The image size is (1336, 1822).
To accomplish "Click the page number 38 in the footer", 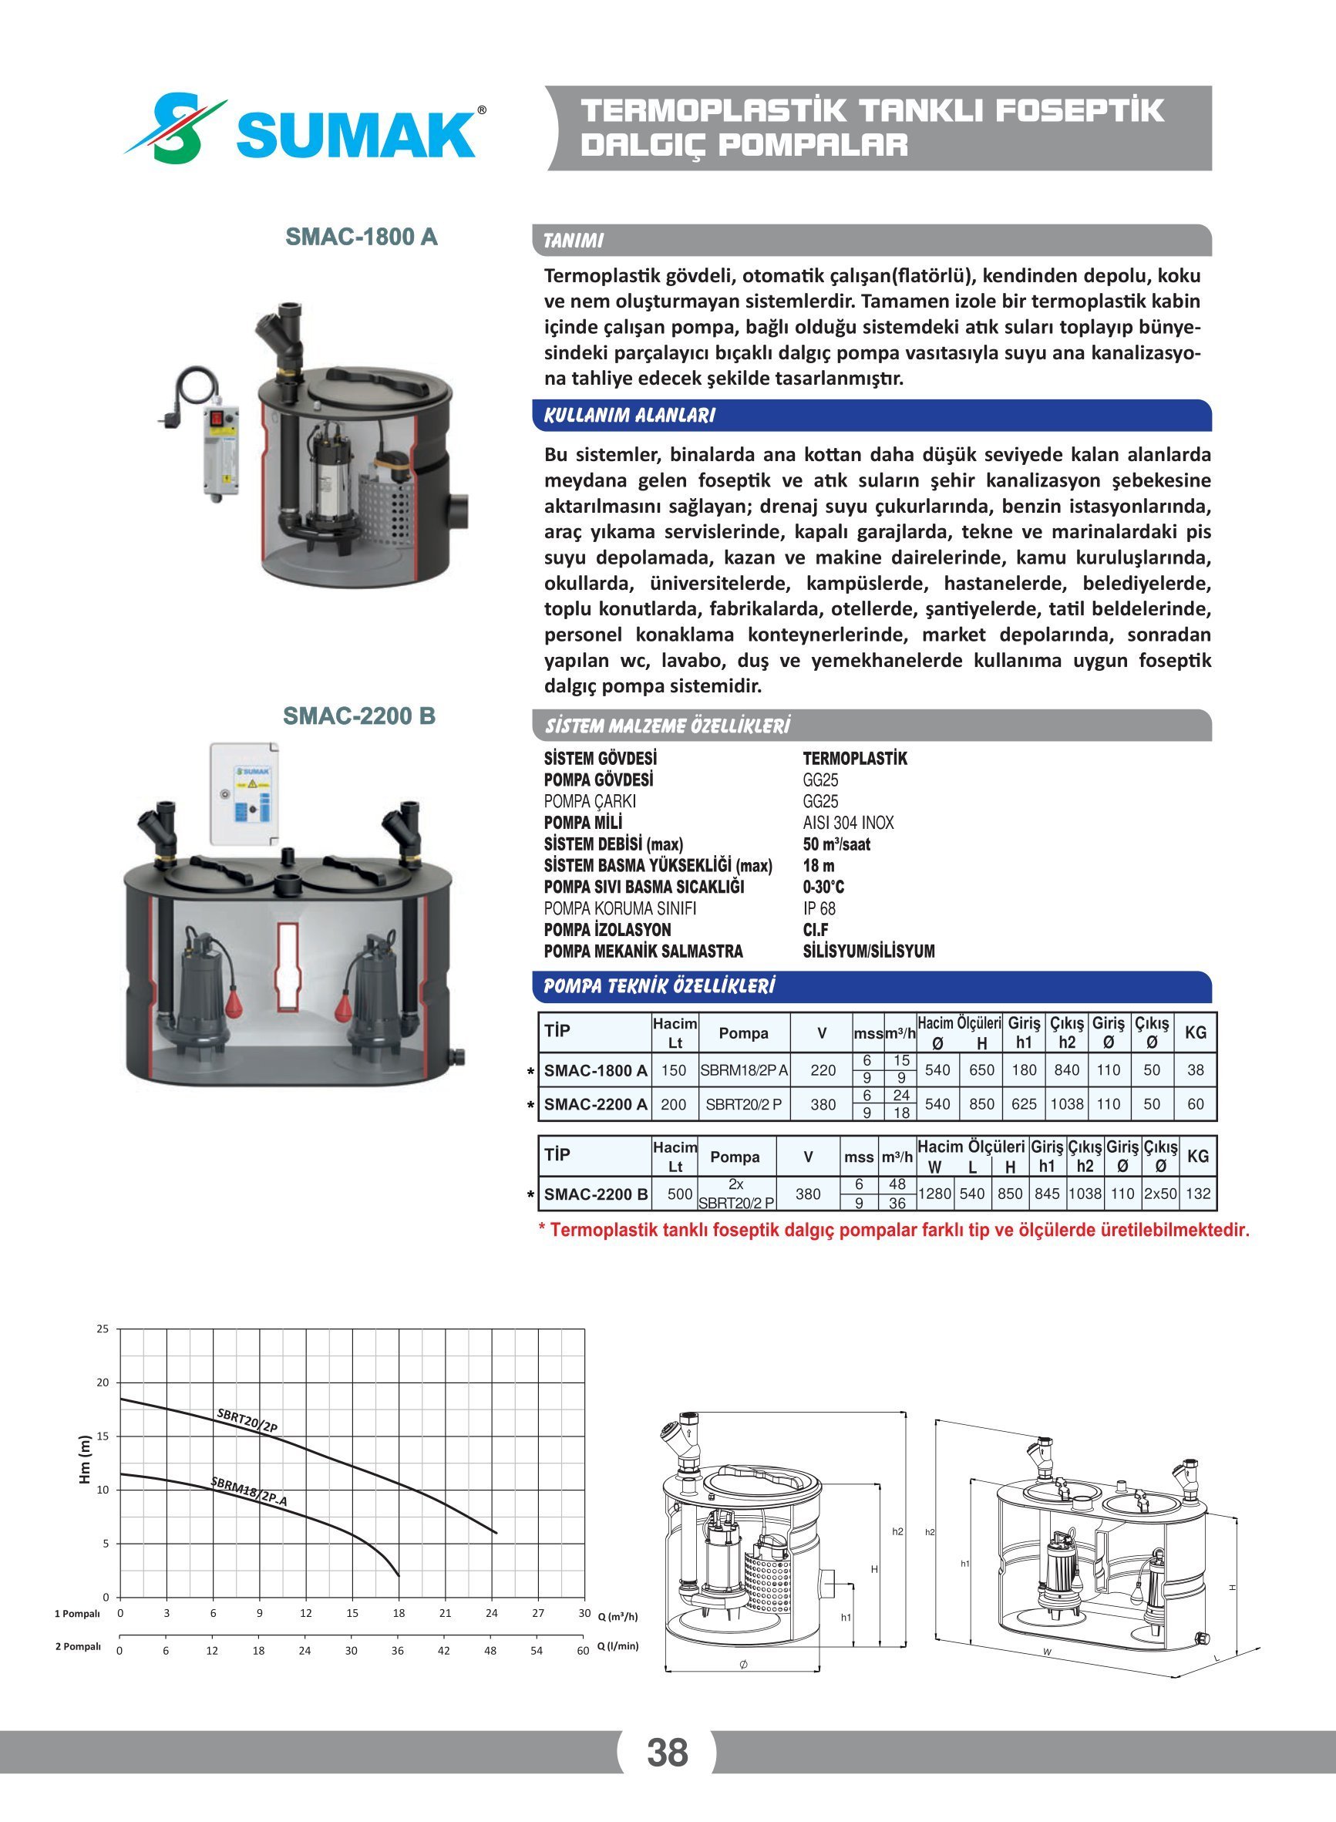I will (667, 1752).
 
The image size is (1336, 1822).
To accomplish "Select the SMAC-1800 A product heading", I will (362, 237).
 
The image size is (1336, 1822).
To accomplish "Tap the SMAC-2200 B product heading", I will (359, 716).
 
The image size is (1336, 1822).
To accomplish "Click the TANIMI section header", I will (574, 241).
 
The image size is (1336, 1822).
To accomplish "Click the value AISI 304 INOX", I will (848, 823).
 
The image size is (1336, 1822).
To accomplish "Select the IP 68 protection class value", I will (819, 908).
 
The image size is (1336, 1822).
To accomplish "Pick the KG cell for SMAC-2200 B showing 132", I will (1198, 1194).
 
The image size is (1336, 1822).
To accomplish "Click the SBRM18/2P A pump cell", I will (743, 1070).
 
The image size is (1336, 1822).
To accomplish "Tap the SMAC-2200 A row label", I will (595, 1104).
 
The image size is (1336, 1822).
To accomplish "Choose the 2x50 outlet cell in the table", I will (1160, 1194).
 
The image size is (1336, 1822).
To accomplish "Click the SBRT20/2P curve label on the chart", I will (247, 1421).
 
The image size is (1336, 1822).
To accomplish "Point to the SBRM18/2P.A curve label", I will (248, 1492).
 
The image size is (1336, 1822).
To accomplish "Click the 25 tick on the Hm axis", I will (103, 1329).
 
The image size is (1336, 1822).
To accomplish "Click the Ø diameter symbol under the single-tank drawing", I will (743, 1663).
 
